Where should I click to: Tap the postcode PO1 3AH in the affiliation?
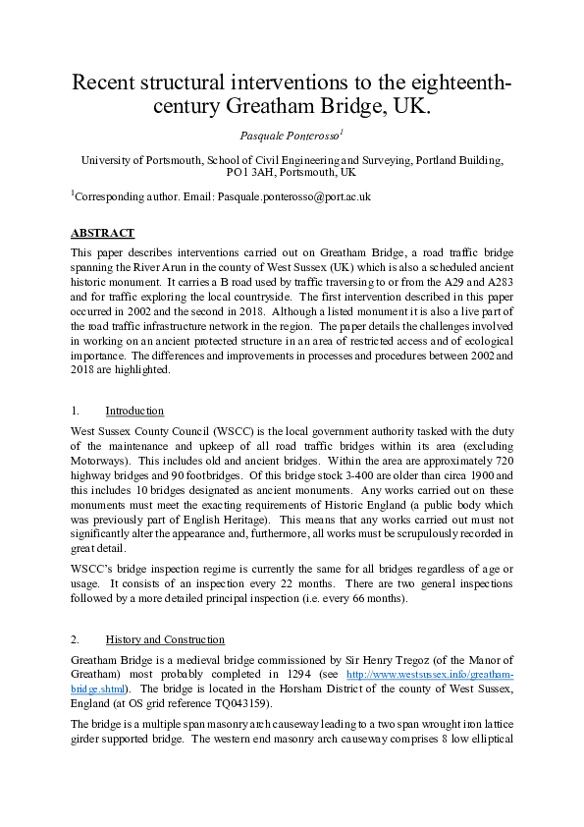(254, 173)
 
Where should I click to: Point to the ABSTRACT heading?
(102, 234)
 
